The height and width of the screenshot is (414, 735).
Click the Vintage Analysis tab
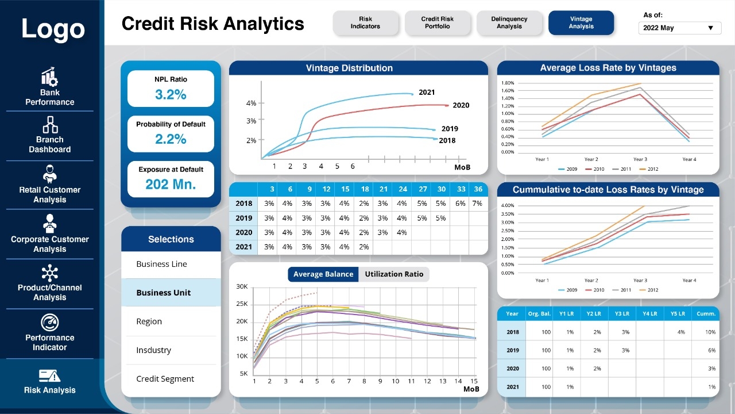[x=581, y=23]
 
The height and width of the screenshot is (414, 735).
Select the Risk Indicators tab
[x=365, y=23]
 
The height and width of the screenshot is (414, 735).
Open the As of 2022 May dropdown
[x=680, y=28]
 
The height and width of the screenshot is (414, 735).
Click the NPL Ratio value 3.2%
[x=171, y=95]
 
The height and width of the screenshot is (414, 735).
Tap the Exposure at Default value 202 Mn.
[x=171, y=185]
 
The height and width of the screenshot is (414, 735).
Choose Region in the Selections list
[x=149, y=321]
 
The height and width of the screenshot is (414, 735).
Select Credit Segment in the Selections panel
[x=165, y=379]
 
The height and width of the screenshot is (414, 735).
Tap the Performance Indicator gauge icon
[x=50, y=323]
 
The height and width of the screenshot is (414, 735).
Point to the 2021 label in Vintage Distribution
[x=427, y=92]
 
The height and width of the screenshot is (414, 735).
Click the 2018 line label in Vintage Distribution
[x=447, y=140]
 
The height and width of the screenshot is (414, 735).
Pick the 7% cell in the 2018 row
[x=477, y=204]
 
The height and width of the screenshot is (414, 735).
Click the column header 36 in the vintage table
[x=477, y=189]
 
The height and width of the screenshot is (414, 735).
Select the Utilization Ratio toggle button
[x=394, y=274]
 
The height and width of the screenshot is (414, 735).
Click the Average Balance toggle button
[x=323, y=274]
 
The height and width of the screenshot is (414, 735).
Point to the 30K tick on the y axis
[x=242, y=286]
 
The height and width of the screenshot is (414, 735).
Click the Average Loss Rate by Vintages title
[x=608, y=68]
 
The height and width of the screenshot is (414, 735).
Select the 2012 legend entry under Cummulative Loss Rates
[x=652, y=290]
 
